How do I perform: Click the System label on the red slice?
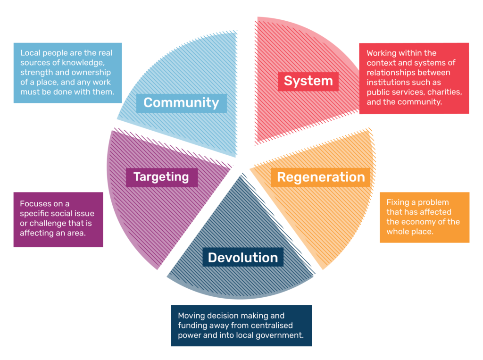pos(308,81)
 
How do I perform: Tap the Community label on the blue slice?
pos(181,103)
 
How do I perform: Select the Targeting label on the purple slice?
pos(161,177)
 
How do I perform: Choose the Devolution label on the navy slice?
pos(243,258)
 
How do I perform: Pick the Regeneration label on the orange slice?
pos(321,177)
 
